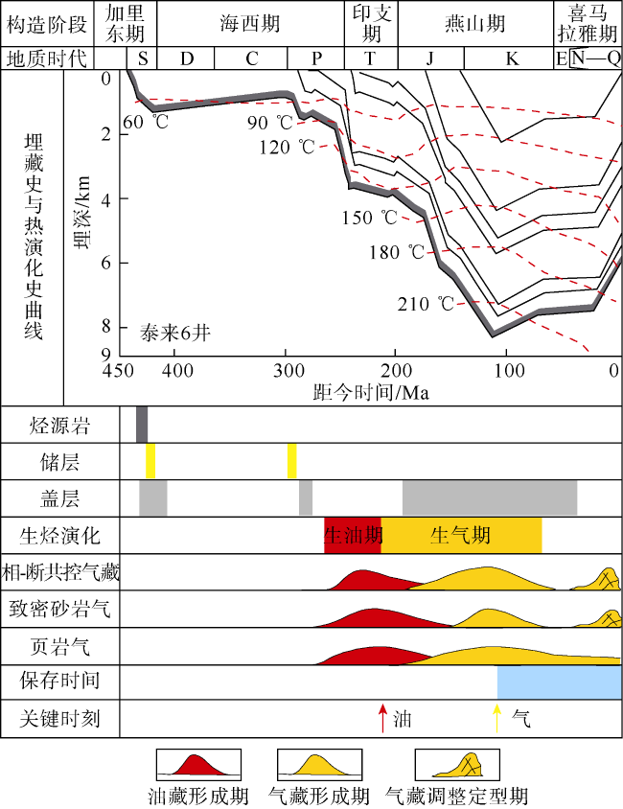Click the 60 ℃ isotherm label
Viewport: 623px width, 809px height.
point(146,123)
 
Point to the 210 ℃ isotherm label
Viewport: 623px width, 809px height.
point(427,305)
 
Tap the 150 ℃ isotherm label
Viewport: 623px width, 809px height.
point(370,218)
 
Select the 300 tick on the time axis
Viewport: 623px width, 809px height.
point(286,370)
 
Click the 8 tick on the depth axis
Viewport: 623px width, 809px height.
point(106,327)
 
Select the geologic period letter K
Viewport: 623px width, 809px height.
point(512,59)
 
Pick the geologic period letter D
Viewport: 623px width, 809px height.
point(186,59)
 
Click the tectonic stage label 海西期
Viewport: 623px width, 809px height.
point(252,23)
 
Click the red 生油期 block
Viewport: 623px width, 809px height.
point(353,535)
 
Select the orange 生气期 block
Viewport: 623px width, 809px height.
point(461,535)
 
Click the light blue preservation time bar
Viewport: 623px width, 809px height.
point(560,682)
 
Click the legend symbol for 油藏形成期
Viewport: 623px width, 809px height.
point(196,766)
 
